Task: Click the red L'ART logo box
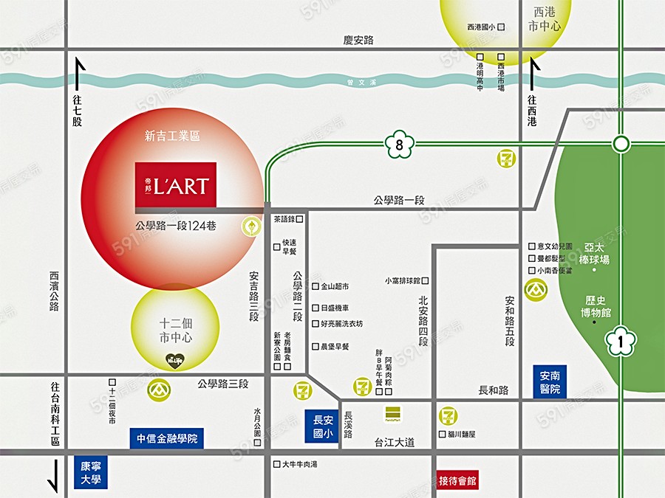coord(176,184)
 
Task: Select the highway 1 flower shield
coord(621,341)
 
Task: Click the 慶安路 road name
coord(359,40)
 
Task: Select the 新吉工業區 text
coord(173,136)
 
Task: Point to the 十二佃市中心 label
coord(176,331)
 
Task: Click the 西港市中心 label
coord(545,19)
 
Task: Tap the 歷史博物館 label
coord(597,307)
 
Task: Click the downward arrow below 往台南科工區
coord(53,477)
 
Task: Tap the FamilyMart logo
coord(392,414)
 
